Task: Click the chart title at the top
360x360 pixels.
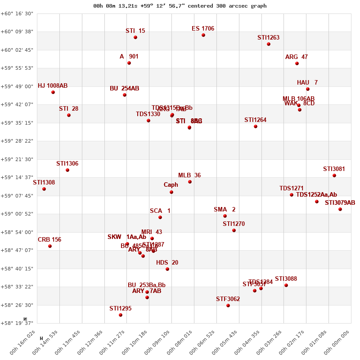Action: pyautogui.click(x=180, y=6)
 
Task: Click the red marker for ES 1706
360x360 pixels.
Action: pyautogui.click(x=203, y=35)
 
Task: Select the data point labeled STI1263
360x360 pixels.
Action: pyautogui.click(x=269, y=44)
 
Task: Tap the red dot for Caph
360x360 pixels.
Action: pyautogui.click(x=171, y=192)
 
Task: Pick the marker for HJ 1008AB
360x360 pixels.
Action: pyautogui.click(x=53, y=92)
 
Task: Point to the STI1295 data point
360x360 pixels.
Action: pyautogui.click(x=121, y=315)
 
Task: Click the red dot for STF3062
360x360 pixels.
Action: pyautogui.click(x=228, y=306)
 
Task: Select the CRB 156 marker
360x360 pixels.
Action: pyautogui.click(x=50, y=246)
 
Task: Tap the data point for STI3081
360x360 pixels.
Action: pyautogui.click(x=334, y=175)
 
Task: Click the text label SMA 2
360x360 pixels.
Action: pyautogui.click(x=225, y=209)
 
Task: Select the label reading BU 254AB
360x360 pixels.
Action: pyautogui.click(x=125, y=88)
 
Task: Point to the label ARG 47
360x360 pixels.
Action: pyautogui.click(x=297, y=57)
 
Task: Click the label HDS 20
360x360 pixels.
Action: pyautogui.click(x=167, y=262)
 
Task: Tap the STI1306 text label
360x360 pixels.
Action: pyautogui.click(x=67, y=163)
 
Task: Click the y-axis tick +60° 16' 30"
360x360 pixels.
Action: pyautogui.click(x=17, y=13)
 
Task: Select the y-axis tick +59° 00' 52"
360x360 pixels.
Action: pyautogui.click(x=17, y=214)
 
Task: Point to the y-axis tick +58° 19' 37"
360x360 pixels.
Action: pyautogui.click(x=17, y=323)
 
